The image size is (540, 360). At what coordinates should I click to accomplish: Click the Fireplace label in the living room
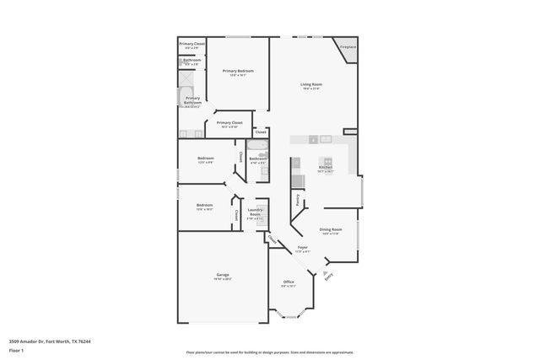pyautogui.click(x=348, y=47)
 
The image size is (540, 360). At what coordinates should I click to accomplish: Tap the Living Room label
pyautogui.click(x=312, y=84)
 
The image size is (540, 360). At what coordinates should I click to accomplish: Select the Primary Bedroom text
pyautogui.click(x=238, y=71)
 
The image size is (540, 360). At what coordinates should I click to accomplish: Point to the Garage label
pyautogui.click(x=223, y=275)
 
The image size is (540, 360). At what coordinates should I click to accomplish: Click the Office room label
pyautogui.click(x=289, y=282)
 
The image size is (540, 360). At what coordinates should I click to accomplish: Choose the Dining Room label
pyautogui.click(x=330, y=229)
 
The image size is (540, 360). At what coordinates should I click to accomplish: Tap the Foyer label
pyautogui.click(x=302, y=247)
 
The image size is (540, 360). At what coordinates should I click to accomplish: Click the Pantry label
pyautogui.click(x=298, y=201)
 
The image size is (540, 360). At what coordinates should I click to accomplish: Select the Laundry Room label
pyautogui.click(x=255, y=212)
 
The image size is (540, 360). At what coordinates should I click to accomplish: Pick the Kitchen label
pyautogui.click(x=326, y=167)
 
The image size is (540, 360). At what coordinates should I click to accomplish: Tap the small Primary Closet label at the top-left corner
pyautogui.click(x=192, y=43)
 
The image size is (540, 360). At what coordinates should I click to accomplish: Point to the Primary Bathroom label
pyautogui.click(x=192, y=100)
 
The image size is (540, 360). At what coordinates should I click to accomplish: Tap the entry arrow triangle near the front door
pyautogui.click(x=321, y=272)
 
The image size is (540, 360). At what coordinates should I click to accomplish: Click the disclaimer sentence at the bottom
pyautogui.click(x=269, y=352)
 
